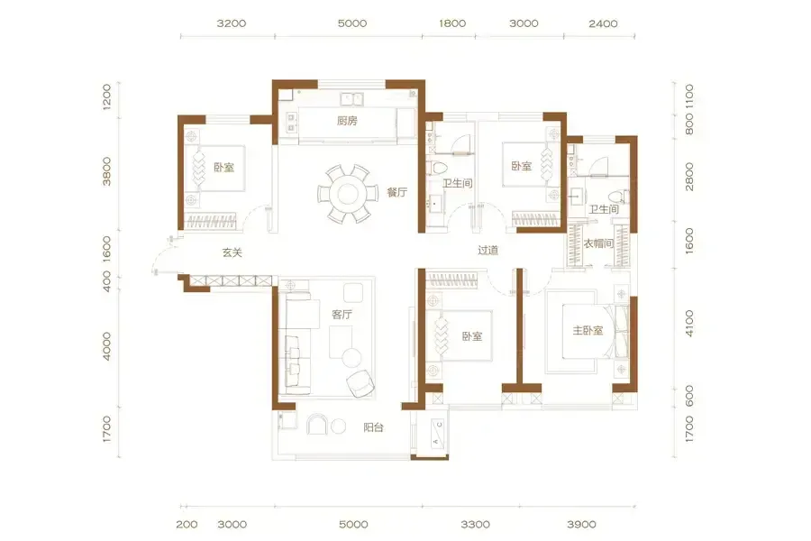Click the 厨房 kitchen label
tap(347, 121)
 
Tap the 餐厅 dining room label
tap(397, 193)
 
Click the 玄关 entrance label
tap(232, 252)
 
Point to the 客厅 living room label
tap(342, 315)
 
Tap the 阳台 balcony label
tap(373, 427)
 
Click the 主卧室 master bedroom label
tap(588, 330)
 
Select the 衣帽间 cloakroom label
tap(598, 243)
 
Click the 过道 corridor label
tap(488, 251)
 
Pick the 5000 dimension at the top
tap(352, 23)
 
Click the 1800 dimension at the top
tap(452, 23)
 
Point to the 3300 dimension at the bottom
tap(475, 525)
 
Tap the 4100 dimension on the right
tap(689, 324)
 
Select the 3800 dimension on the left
tap(106, 171)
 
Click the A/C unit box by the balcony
tap(438, 433)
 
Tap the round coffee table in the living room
tap(351, 358)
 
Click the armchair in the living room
tap(360, 383)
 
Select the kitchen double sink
tap(351, 98)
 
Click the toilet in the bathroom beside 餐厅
tap(438, 168)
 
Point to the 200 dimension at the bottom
tap(187, 525)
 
